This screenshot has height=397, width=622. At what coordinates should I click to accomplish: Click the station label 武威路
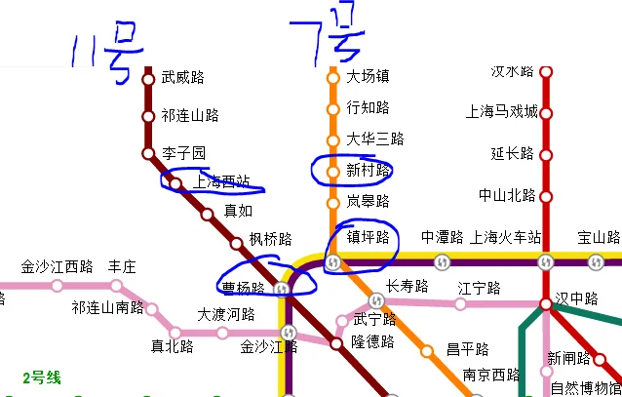pyautogui.click(x=182, y=78)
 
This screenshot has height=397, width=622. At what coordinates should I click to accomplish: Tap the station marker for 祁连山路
pyautogui.click(x=148, y=116)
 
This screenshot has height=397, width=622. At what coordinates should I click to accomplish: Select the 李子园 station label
pyautogui.click(x=183, y=153)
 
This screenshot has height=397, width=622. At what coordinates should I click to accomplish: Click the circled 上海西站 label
pyautogui.click(x=221, y=181)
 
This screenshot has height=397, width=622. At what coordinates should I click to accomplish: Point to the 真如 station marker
pyautogui.click(x=207, y=214)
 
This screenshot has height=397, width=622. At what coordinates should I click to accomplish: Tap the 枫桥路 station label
pyautogui.click(x=270, y=238)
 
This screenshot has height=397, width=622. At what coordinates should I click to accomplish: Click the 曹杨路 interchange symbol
pyautogui.click(x=283, y=289)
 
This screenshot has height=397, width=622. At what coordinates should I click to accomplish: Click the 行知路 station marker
pyautogui.click(x=331, y=107)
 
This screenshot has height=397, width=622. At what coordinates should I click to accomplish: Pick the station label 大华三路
pyautogui.click(x=374, y=139)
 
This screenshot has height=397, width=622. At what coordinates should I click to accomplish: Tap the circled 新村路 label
pyautogui.click(x=368, y=170)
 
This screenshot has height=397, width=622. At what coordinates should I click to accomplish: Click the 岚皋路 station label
pyautogui.click(x=368, y=201)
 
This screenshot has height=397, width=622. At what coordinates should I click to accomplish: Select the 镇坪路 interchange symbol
pyautogui.click(x=332, y=262)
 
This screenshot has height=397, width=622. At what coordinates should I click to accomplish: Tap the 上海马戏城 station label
pyautogui.click(x=502, y=111)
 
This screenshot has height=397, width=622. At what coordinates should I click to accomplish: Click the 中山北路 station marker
pyautogui.click(x=546, y=195)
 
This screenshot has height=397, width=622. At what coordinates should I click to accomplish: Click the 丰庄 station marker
pyautogui.click(x=116, y=286)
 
